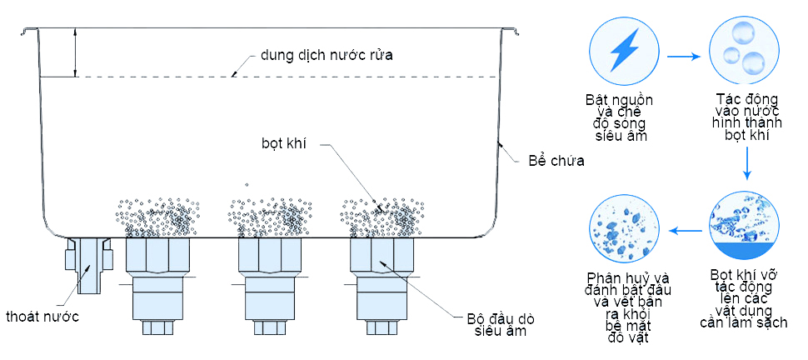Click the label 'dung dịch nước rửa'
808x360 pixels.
click(326, 55)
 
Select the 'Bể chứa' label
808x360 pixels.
click(556, 160)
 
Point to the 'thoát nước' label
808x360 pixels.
click(42, 317)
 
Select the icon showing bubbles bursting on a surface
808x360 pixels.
click(745, 225)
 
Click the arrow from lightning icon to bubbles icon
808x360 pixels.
click(683, 57)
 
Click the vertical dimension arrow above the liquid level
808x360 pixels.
click(76, 52)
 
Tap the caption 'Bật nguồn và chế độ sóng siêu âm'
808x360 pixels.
click(621, 117)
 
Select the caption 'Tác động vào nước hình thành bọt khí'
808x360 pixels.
click(746, 117)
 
